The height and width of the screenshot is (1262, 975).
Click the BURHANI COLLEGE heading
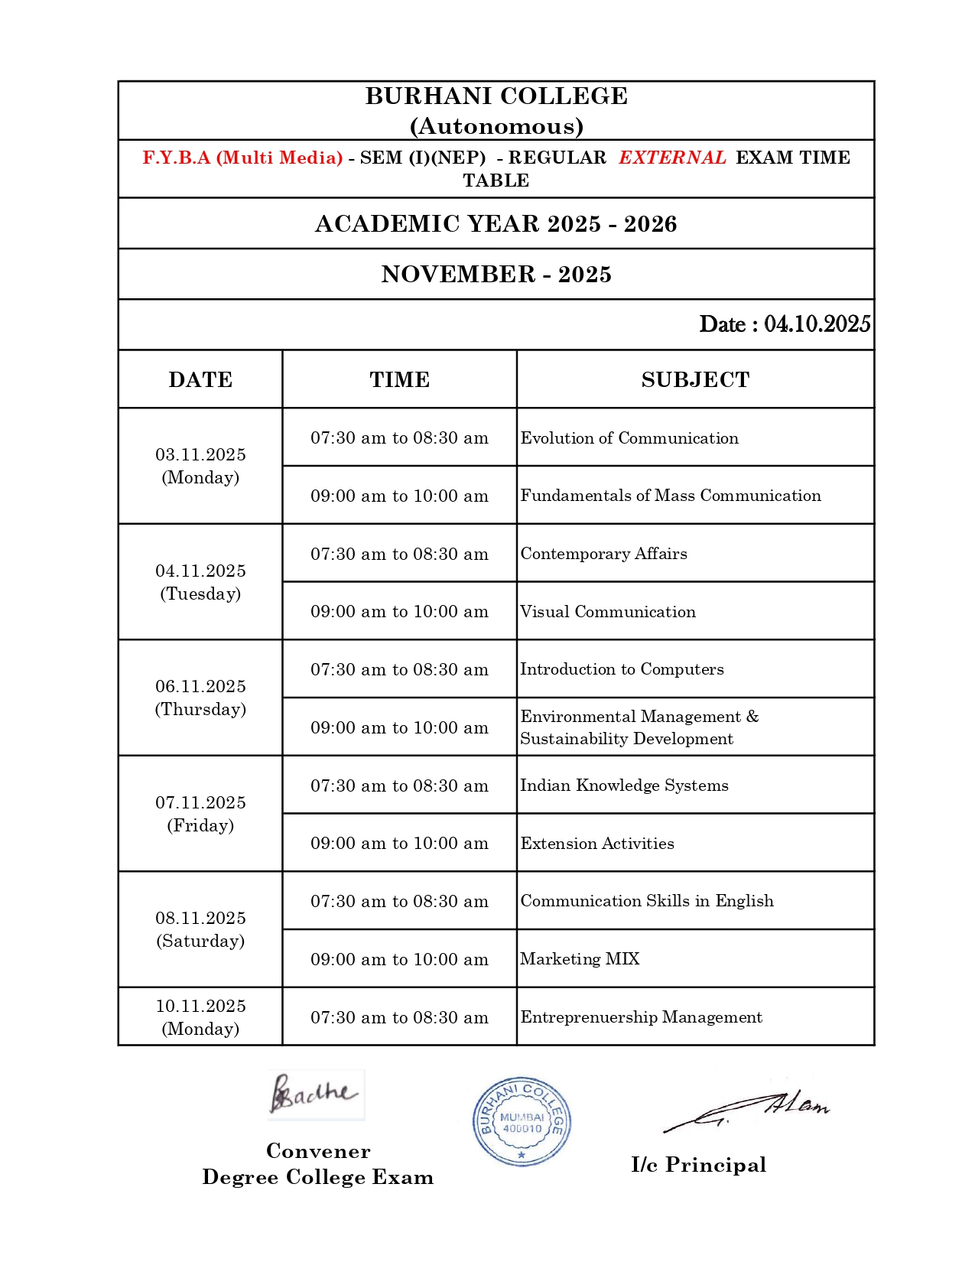click(496, 96)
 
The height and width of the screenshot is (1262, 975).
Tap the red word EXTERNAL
click(672, 158)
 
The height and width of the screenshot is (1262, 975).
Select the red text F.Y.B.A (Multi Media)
click(242, 158)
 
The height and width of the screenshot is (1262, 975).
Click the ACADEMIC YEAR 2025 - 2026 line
click(496, 224)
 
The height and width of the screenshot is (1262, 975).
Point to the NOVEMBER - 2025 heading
click(496, 275)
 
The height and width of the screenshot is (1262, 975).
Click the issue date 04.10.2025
click(817, 324)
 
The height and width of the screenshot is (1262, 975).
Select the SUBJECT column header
click(695, 380)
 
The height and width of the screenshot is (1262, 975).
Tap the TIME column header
click(399, 380)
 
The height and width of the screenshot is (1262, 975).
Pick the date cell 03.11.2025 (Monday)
click(200, 466)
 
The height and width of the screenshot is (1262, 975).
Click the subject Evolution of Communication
click(629, 438)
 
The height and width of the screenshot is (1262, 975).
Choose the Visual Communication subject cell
click(608, 612)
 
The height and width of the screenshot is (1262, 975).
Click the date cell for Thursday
click(200, 698)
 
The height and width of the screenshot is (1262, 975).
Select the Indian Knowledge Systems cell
click(624, 785)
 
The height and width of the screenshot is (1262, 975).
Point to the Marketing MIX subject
click(580, 959)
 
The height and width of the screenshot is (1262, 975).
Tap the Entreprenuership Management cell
click(641, 1017)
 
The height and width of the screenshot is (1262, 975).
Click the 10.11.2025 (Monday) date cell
click(200, 1017)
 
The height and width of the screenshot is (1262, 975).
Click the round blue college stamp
click(522, 1122)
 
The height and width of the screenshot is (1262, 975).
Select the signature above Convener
click(315, 1094)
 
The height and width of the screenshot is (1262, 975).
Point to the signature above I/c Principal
click(746, 1111)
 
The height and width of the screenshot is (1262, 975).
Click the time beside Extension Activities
click(399, 844)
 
